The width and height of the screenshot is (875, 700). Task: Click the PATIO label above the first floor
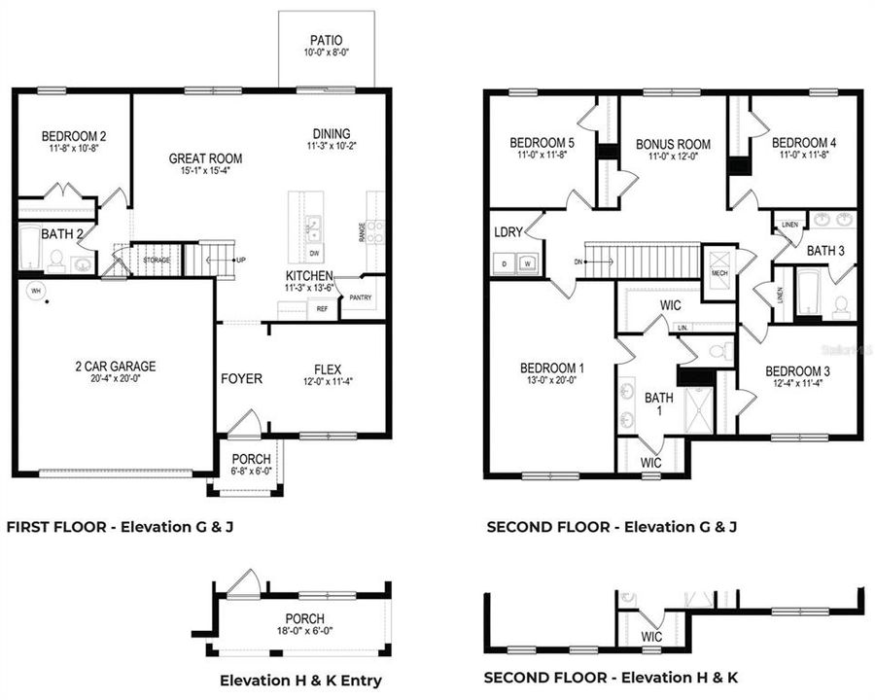coord(326,41)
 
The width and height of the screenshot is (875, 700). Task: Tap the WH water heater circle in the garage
coord(36,290)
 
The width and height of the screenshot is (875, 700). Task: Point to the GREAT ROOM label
coord(205,158)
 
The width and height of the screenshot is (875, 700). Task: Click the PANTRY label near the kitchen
coord(361,297)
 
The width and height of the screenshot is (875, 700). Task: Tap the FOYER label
coord(240,378)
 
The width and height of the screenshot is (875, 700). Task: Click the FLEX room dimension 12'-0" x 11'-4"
coord(327,383)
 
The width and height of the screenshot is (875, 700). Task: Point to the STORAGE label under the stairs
coord(156,261)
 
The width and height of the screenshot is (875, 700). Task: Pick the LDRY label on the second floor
coord(507,233)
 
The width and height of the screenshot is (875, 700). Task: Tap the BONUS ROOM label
coord(673,145)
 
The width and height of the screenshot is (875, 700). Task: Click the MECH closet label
coord(719,273)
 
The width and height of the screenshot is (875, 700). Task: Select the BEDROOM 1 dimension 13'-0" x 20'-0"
coord(551,381)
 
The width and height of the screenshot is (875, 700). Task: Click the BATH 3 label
coord(825,251)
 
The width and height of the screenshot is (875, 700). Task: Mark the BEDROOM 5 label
coord(542,144)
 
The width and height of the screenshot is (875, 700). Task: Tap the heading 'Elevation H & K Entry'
coord(300,681)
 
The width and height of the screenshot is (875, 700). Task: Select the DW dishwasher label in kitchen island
coord(313,253)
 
